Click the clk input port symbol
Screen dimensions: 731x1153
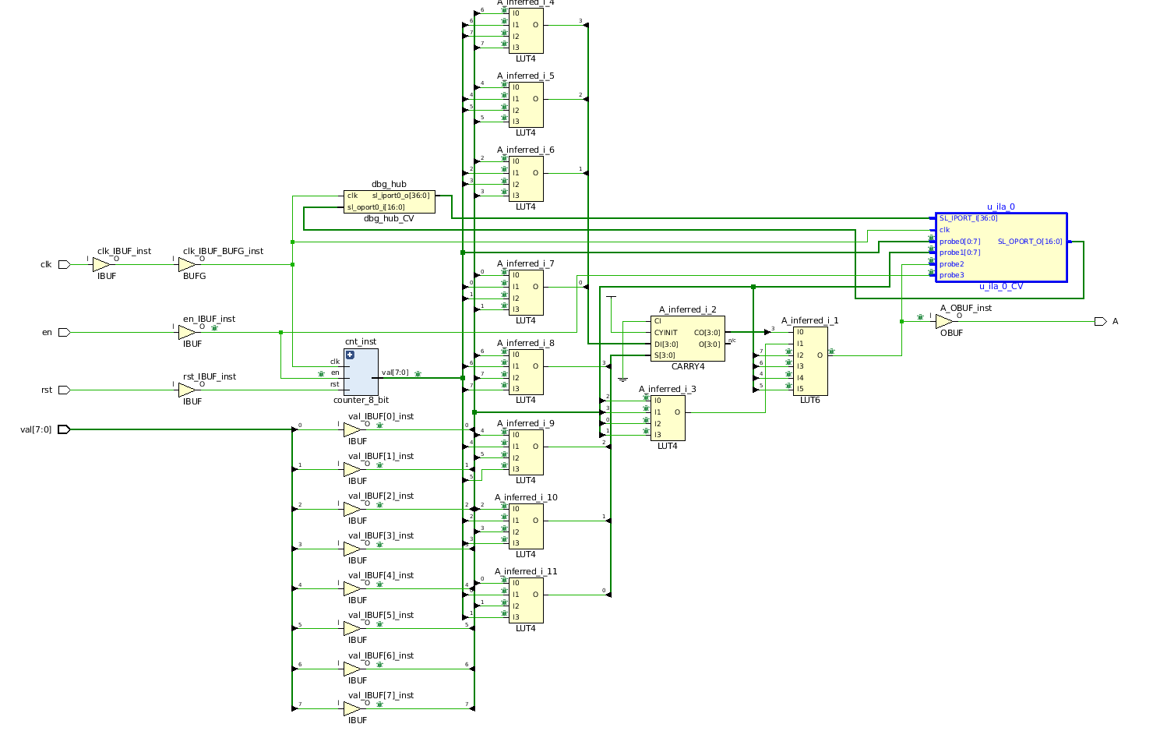pyautogui.click(x=64, y=265)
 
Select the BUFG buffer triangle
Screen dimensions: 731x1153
pyautogui.click(x=187, y=265)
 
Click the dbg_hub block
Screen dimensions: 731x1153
pyautogui.click(x=389, y=201)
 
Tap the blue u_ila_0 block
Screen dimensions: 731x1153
pyautogui.click(x=1000, y=247)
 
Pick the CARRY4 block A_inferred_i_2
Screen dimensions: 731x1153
pyautogui.click(x=687, y=338)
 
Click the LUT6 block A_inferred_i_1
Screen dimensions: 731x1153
pyautogui.click(x=810, y=361)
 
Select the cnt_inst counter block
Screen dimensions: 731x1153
pyautogui.click(x=361, y=372)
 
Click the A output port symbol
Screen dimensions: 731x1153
pyautogui.click(x=1099, y=321)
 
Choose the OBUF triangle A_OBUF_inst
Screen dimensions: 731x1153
pyautogui.click(x=943, y=321)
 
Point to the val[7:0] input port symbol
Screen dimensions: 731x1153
pyautogui.click(x=64, y=429)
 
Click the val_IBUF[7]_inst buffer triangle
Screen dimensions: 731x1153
pyautogui.click(x=352, y=708)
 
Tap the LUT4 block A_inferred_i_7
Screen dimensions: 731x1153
pyautogui.click(x=526, y=292)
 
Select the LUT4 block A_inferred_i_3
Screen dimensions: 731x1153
pyautogui.click(x=668, y=418)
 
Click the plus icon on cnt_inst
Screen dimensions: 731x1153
pyautogui.click(x=350, y=355)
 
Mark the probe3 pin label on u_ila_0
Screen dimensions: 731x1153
pyautogui.click(x=951, y=275)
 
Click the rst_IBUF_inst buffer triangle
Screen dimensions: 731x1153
pyautogui.click(x=187, y=390)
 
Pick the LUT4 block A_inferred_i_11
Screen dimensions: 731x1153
pyautogui.click(x=526, y=600)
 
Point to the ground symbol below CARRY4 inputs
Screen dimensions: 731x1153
pyautogui.click(x=622, y=380)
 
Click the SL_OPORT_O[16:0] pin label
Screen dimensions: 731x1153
pyautogui.click(x=1029, y=242)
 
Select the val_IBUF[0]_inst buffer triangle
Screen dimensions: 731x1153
pyautogui.click(x=352, y=429)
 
